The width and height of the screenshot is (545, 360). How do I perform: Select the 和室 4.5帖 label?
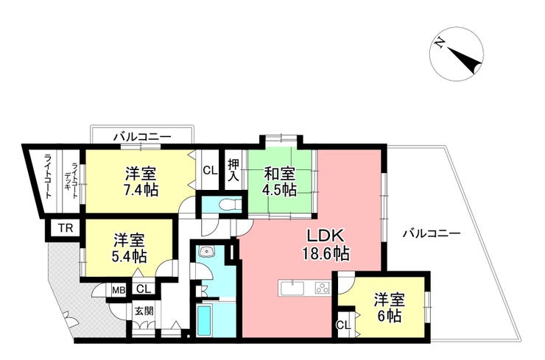coord(280,182)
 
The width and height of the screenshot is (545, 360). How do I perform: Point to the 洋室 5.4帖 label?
coord(129,248)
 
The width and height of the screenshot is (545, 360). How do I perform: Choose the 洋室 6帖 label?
coord(387,308)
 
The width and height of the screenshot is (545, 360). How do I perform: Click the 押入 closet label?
coord(233,170)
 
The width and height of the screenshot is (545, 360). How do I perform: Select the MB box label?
coord(118,289)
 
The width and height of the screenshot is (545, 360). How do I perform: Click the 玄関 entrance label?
coord(144,311)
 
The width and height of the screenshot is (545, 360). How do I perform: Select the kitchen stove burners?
coord(322,287)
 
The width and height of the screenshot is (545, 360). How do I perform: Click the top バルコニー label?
coord(142,136)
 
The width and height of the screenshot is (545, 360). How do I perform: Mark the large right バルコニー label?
coord(431,233)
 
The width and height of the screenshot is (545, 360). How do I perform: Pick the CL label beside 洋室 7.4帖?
coord(209,170)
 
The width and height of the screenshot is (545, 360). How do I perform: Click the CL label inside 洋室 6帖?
coord(343,325)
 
